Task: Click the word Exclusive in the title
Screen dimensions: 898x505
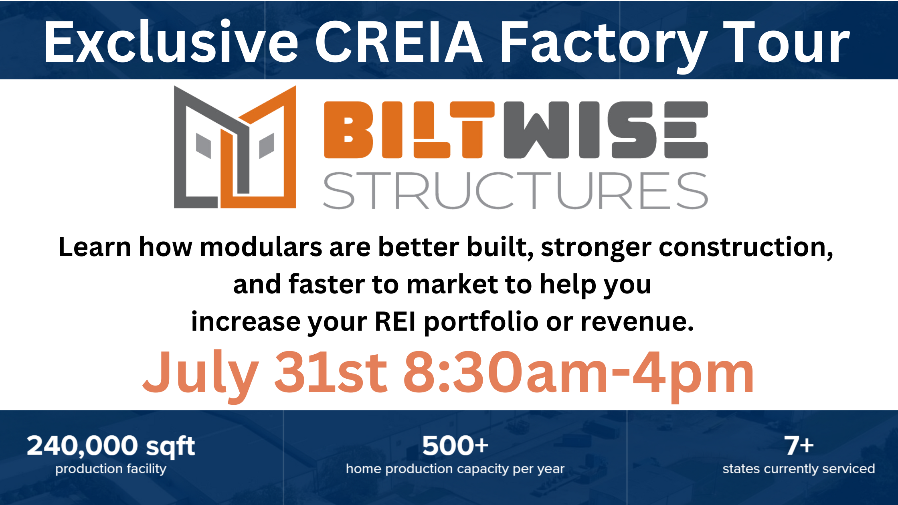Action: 171,42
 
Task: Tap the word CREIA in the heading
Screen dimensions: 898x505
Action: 399,42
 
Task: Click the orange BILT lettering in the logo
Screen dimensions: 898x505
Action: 409,130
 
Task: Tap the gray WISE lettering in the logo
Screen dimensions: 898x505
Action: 606,130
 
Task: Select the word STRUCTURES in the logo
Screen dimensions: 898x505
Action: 516,191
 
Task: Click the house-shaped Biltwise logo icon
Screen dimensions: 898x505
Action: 235,147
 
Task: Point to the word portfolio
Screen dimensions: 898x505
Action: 481,323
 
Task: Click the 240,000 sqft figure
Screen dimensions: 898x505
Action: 111,446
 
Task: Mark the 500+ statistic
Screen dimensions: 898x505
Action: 455,446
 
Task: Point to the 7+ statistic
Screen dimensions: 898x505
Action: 799,446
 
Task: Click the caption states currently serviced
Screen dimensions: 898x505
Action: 799,469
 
